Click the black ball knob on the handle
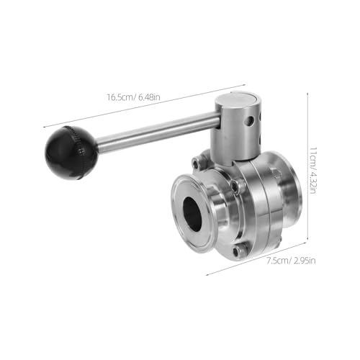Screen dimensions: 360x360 click(x=71, y=153)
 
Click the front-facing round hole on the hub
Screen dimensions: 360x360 click(x=250, y=120)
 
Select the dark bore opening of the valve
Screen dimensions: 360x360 click(x=193, y=215)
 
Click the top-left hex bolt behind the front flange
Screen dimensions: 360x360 click(x=196, y=163)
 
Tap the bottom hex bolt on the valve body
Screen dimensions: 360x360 click(x=237, y=251)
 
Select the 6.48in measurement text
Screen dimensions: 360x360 click(x=149, y=97)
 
